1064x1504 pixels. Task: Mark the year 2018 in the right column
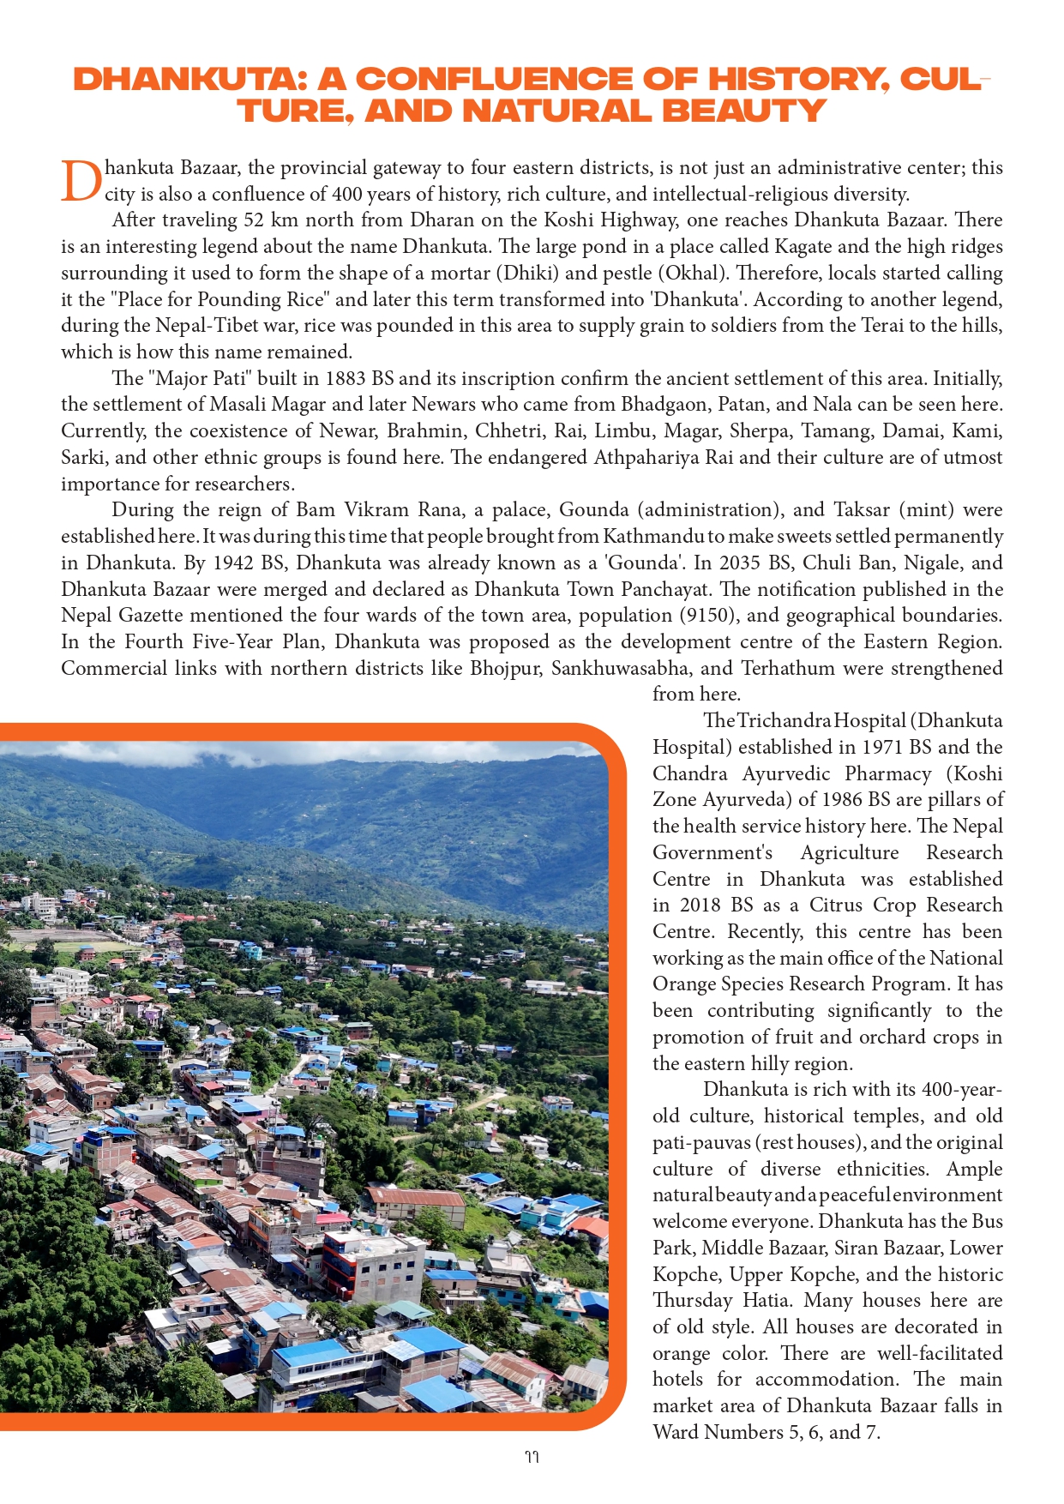[x=700, y=905]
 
